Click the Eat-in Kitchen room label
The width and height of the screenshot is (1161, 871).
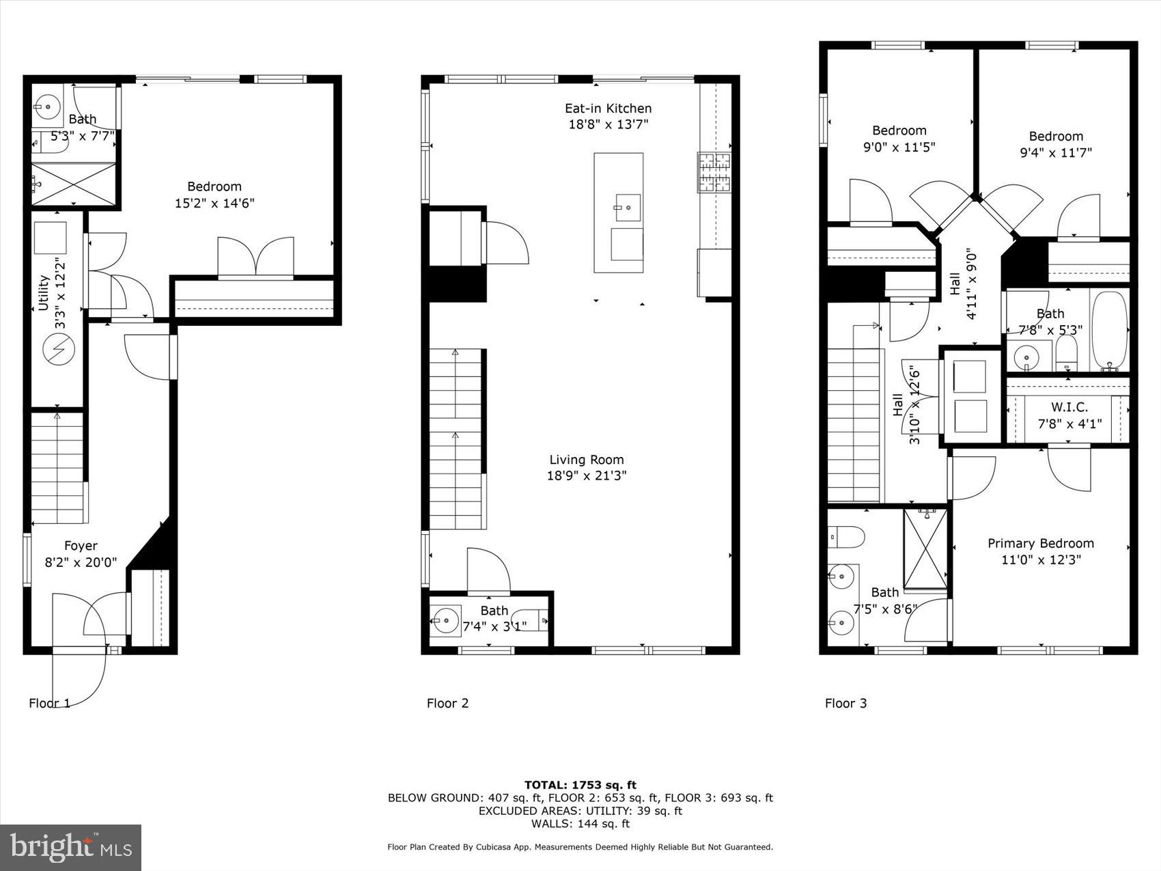click(x=608, y=108)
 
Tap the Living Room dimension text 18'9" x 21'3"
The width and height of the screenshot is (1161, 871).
click(x=586, y=475)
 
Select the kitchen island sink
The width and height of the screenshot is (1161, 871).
click(x=627, y=207)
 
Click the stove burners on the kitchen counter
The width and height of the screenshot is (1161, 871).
click(x=713, y=172)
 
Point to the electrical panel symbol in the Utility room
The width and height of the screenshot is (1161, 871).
click(x=58, y=350)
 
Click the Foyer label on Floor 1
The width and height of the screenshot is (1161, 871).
click(x=81, y=545)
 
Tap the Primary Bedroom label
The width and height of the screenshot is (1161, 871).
click(x=1040, y=543)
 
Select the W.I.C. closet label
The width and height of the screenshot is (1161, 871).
click(x=1069, y=407)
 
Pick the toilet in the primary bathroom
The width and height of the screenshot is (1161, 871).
click(x=845, y=537)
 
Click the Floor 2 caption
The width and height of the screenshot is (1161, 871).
click(x=447, y=703)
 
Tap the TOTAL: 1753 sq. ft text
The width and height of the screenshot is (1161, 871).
click(x=580, y=785)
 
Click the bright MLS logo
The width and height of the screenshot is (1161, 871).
click(x=71, y=848)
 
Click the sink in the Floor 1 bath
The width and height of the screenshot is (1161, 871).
click(x=47, y=106)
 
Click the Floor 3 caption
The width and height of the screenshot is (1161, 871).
click(x=845, y=703)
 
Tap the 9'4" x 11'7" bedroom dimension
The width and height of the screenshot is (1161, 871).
click(x=1056, y=152)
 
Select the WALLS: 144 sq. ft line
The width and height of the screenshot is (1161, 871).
click(x=580, y=824)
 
